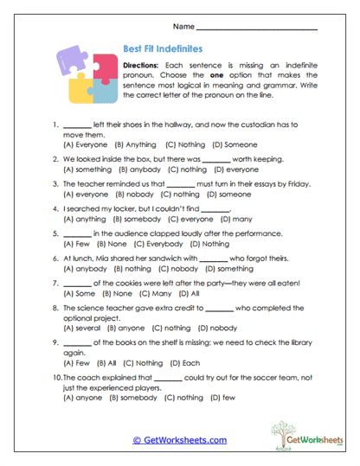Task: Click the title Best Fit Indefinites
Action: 165,52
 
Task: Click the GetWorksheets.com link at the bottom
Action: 179,440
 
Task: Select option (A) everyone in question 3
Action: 86,195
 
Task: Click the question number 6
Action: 56,258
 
